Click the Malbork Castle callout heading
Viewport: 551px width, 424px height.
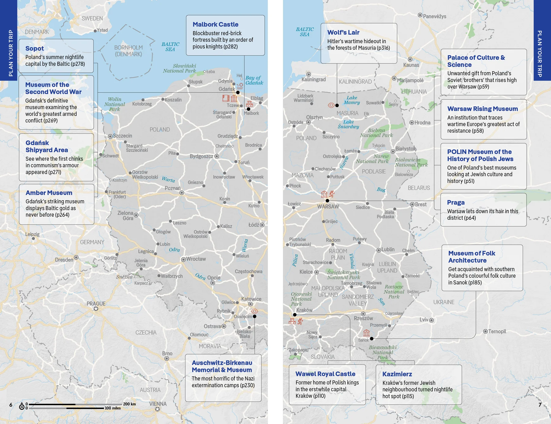[x=215, y=24]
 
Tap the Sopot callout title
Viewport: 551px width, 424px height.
[x=35, y=48]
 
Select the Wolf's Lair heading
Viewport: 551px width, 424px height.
[x=343, y=32]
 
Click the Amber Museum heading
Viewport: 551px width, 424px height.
[x=49, y=193]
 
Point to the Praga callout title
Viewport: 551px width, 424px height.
[x=455, y=202]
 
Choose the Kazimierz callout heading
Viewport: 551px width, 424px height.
[x=397, y=374]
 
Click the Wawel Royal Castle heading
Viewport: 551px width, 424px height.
[x=325, y=374]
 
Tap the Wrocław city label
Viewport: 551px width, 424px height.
[x=196, y=259]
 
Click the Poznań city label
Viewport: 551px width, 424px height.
[x=173, y=188]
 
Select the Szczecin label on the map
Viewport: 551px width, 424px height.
[x=122, y=136]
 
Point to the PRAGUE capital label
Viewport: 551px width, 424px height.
[x=96, y=304]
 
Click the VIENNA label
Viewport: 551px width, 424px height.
[x=158, y=404]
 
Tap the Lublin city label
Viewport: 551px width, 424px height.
[x=388, y=250]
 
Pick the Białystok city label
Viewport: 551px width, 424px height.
[x=406, y=149]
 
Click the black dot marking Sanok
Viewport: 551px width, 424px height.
[x=372, y=339]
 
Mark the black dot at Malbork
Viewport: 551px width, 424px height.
[x=249, y=109]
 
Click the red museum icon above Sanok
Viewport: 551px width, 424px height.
[x=366, y=333]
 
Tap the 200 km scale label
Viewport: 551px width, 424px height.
[x=129, y=404]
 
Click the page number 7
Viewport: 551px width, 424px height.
[x=540, y=405]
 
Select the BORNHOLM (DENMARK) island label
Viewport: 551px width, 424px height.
[x=128, y=51]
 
